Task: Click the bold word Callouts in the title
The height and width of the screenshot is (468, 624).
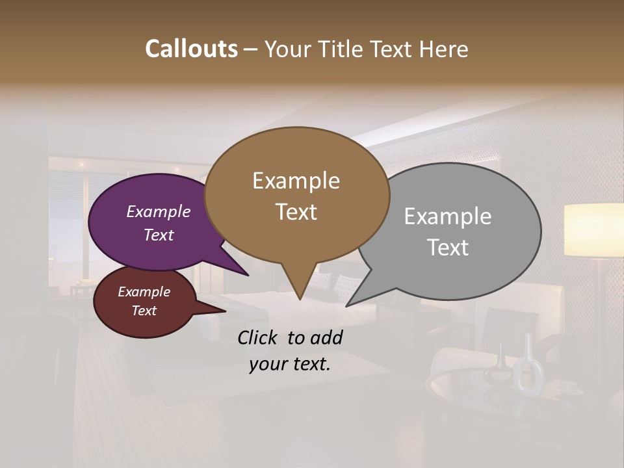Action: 191,49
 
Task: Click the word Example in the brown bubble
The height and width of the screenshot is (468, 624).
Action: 296,181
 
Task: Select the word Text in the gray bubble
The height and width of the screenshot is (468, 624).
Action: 448,248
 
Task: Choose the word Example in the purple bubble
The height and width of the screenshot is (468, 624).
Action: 159,212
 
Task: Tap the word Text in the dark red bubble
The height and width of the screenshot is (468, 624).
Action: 144,311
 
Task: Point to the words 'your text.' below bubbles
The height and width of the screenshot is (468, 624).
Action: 290,364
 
